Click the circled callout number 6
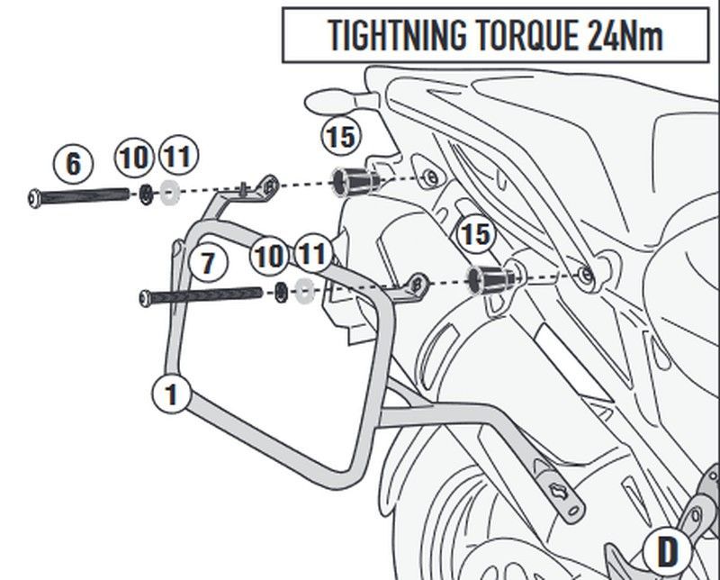click(73, 163)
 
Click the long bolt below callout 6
click(85, 194)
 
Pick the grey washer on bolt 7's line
click(303, 291)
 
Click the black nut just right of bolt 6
click(145, 193)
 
